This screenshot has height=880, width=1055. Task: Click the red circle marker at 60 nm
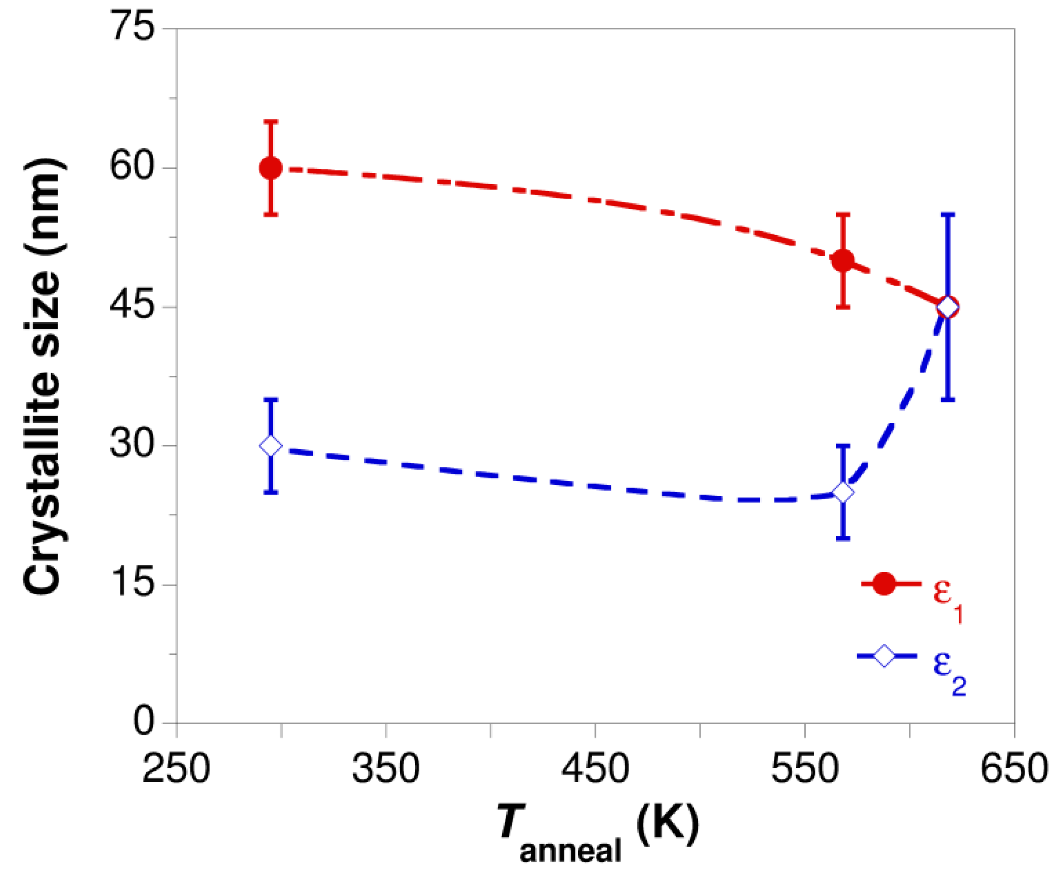click(x=271, y=168)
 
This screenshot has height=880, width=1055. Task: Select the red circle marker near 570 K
click(x=843, y=260)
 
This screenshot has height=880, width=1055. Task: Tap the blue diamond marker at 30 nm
click(x=271, y=446)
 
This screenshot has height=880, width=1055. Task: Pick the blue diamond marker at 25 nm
click(x=843, y=492)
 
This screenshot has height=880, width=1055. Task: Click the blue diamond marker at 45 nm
click(x=947, y=307)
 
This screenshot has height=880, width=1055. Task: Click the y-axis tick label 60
click(x=131, y=167)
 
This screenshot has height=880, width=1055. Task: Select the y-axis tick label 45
click(x=131, y=306)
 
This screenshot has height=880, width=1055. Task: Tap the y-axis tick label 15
click(x=131, y=583)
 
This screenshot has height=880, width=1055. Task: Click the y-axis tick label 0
click(x=144, y=722)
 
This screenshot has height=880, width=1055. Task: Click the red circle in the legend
click(x=884, y=584)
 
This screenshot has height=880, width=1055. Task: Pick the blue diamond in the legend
click(x=884, y=656)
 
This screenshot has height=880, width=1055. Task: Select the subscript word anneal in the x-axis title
click(x=570, y=851)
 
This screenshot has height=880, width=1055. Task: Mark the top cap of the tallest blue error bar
click(x=947, y=214)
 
